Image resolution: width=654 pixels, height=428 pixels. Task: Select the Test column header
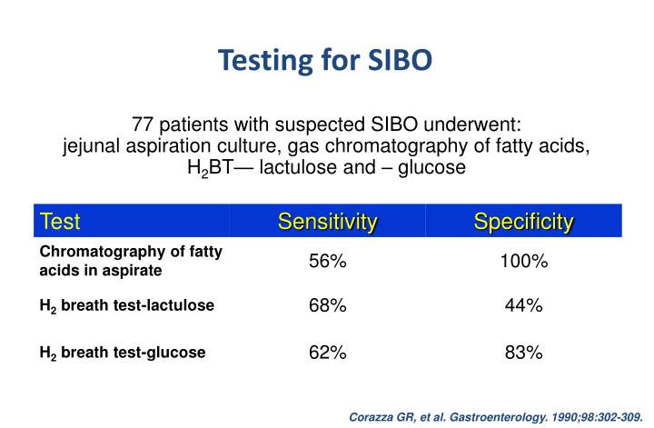coord(61,221)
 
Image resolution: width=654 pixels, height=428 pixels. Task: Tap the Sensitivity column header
coord(327,221)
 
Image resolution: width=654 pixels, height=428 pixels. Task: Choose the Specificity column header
coord(524,221)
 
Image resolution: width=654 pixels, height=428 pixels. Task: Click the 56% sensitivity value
coord(327,262)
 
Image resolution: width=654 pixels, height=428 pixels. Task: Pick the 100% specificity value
coord(524,262)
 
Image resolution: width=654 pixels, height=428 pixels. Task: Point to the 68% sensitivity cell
coord(327,306)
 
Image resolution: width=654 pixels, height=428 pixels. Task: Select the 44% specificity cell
coord(524,306)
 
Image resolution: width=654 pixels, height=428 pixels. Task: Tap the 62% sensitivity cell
coord(327,353)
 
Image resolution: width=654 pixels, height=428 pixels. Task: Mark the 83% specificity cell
coord(524,353)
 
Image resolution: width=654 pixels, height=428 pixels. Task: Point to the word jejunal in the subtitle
coord(92,145)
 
